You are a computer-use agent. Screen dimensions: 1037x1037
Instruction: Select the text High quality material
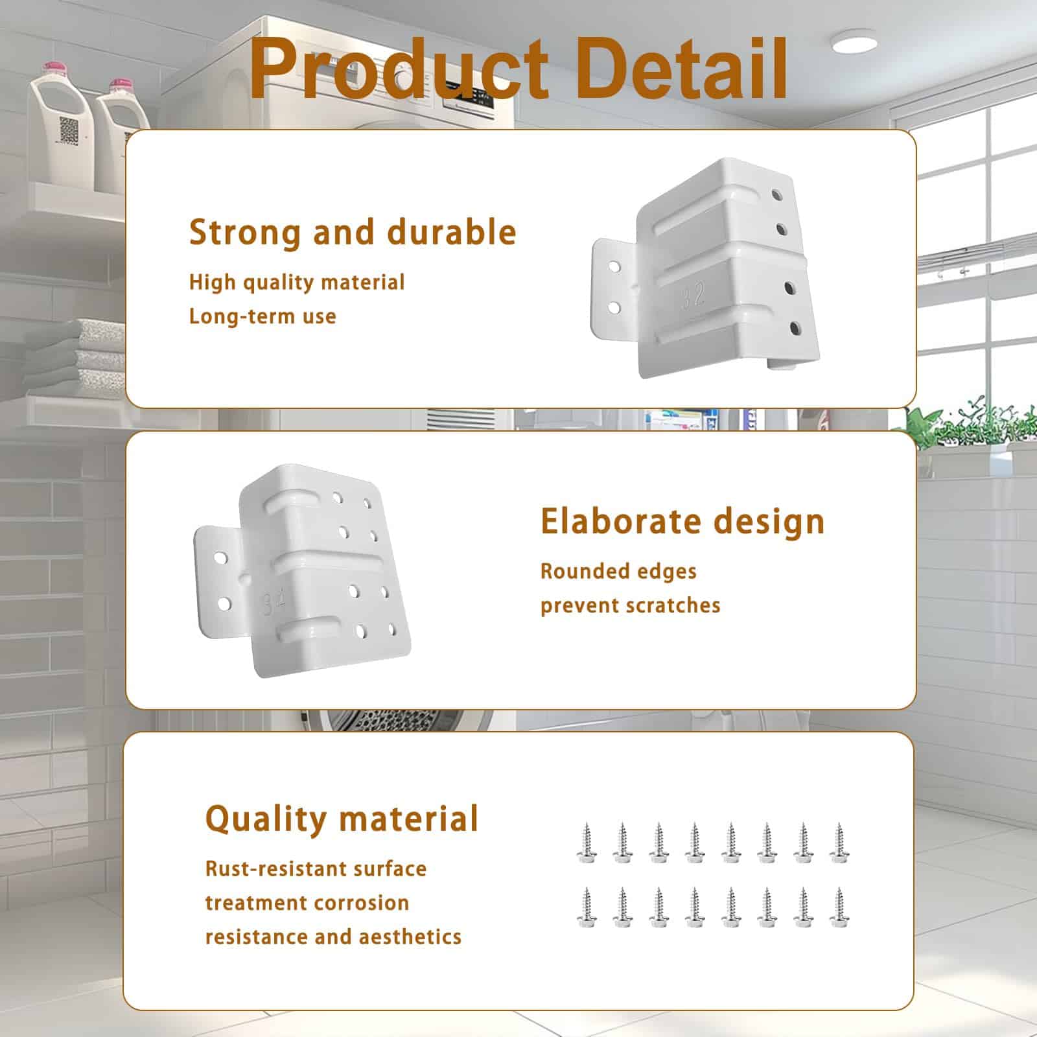click(297, 283)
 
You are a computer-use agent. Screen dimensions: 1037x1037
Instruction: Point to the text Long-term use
click(262, 316)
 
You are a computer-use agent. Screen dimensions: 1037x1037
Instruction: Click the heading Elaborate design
click(682, 522)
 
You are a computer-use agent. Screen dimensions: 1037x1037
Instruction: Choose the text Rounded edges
click(618, 572)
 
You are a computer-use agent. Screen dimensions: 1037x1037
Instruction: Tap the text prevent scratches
click(630, 605)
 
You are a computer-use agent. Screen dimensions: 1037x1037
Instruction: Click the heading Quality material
click(342, 819)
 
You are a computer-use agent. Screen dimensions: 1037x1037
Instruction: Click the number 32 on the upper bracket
click(693, 296)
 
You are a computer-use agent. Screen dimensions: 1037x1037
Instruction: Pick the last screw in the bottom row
click(839, 907)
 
